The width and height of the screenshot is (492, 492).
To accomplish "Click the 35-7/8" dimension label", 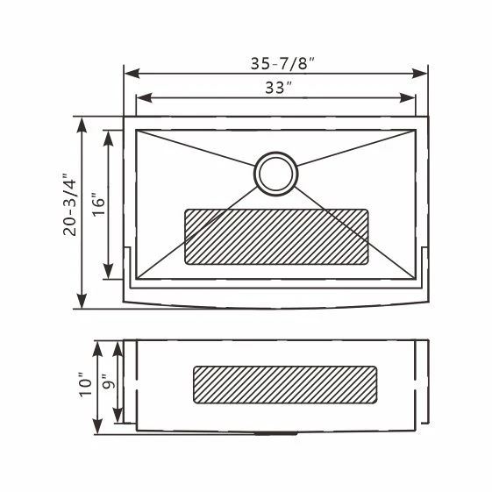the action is pyautogui.click(x=282, y=63).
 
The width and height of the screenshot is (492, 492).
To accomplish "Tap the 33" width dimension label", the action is pyautogui.click(x=279, y=88).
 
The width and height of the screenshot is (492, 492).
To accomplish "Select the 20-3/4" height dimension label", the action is pyautogui.click(x=69, y=204).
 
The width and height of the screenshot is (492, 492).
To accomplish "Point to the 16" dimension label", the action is pyautogui.click(x=99, y=204).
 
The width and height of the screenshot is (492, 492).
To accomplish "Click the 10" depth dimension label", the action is pyautogui.click(x=85, y=385).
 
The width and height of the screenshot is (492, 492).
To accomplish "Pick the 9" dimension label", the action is pyautogui.click(x=110, y=381).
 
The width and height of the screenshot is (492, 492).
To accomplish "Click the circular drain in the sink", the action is pyautogui.click(x=275, y=174).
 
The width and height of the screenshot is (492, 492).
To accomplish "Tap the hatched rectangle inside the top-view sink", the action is pyautogui.click(x=276, y=237).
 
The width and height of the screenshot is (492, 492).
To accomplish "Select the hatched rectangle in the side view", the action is pyautogui.click(x=285, y=385).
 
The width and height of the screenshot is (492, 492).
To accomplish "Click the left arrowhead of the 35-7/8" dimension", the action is pyautogui.click(x=132, y=74).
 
